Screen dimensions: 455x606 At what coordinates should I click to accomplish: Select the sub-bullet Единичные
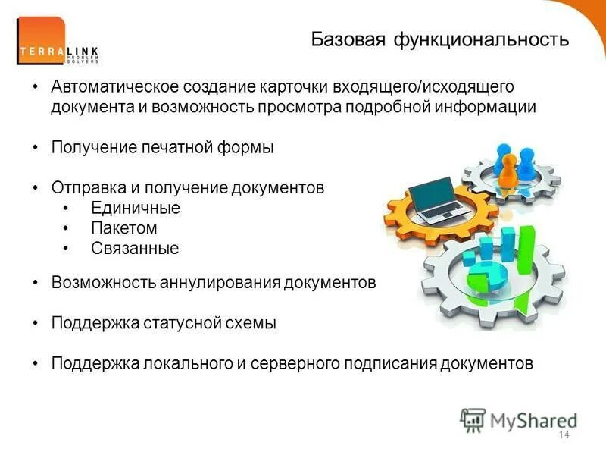click(x=135, y=208)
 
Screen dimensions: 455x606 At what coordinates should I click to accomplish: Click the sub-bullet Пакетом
click(x=123, y=227)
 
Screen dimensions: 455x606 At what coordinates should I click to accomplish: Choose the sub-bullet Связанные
click(x=134, y=247)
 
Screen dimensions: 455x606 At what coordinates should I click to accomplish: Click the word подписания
click(x=383, y=362)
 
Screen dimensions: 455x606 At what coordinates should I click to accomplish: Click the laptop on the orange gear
click(x=434, y=199)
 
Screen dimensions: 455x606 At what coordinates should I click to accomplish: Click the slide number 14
click(x=563, y=435)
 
